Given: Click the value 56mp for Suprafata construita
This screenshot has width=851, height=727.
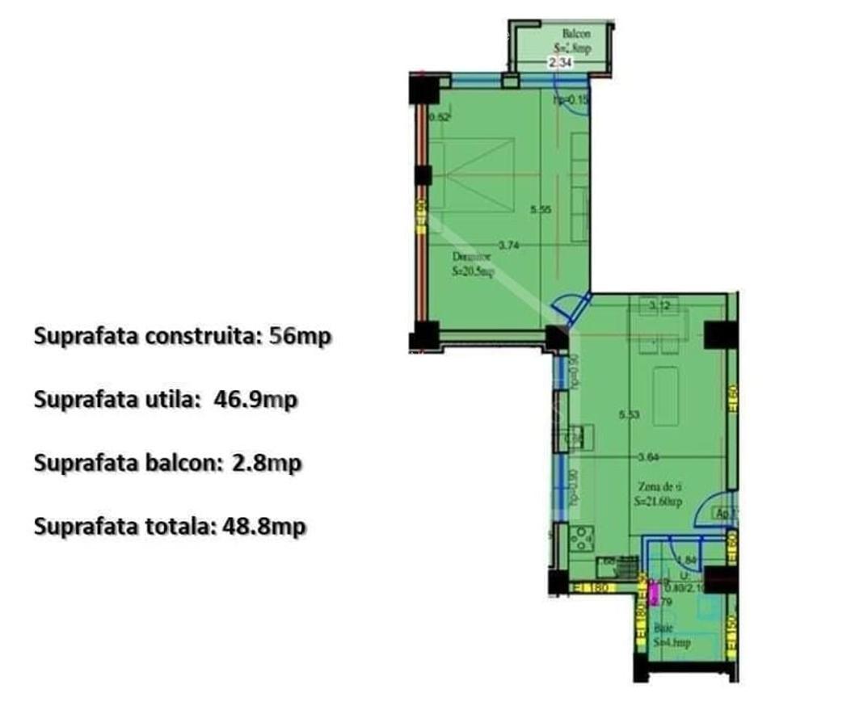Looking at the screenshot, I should tap(300, 335).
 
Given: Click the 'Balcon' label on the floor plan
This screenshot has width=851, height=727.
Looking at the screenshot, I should tap(576, 34).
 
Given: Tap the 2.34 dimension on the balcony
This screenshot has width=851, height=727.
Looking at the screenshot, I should tap(561, 62).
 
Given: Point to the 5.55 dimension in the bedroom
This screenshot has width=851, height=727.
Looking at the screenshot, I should tap(541, 209).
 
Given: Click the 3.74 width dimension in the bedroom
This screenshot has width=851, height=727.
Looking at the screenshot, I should tap(508, 246).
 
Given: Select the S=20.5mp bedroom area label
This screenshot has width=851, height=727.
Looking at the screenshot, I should tap(474, 272).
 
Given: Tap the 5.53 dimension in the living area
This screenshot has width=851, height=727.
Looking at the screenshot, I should tap(630, 415).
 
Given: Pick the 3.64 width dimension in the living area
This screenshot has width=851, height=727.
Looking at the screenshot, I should tap(648, 457).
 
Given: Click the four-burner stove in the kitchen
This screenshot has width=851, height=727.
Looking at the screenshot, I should tap(580, 536).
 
